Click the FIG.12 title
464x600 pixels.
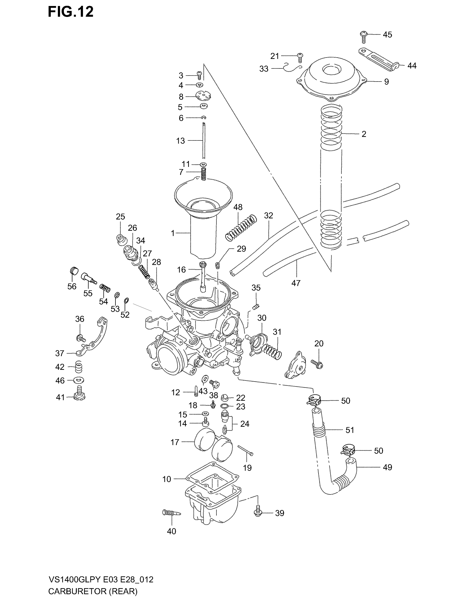(71, 12)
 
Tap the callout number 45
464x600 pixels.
(387, 35)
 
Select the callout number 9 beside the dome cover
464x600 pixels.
(386, 82)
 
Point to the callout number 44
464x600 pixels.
(412, 66)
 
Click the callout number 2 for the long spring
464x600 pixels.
(364, 134)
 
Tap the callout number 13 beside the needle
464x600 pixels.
(180, 141)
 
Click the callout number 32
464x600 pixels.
(268, 216)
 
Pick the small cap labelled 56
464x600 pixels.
(74, 271)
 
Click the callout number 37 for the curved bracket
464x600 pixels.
(60, 353)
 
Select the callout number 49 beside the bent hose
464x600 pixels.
(387, 467)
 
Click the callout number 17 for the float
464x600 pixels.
(175, 442)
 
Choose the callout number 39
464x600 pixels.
(279, 513)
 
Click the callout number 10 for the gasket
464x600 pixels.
(166, 479)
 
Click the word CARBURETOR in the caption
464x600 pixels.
(78, 591)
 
